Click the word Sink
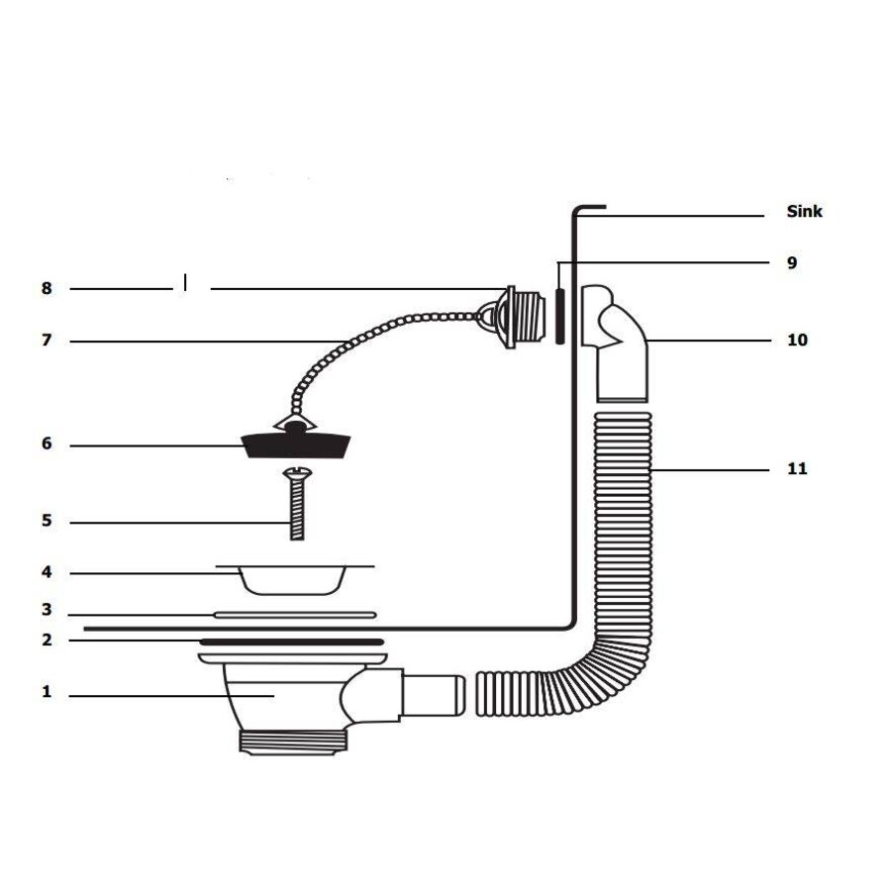click(x=804, y=212)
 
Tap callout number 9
click(x=791, y=263)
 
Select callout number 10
click(x=797, y=341)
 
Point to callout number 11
click(x=797, y=468)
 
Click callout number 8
click(x=47, y=289)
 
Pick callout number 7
click(x=47, y=341)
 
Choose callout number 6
click(x=47, y=445)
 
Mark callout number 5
click(x=47, y=521)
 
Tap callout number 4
click(x=47, y=572)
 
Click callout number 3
click(x=47, y=611)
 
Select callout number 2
click(x=47, y=640)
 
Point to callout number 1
click(x=47, y=692)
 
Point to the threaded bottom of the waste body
click(x=294, y=742)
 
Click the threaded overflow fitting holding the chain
click(x=516, y=316)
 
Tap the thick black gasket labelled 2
click(x=292, y=642)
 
